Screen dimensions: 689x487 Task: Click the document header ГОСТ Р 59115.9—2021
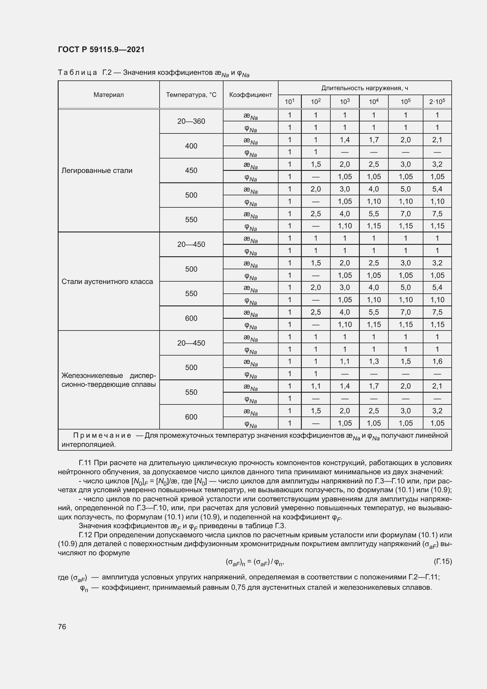coord(101,49)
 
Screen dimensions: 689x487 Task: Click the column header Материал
coord(109,95)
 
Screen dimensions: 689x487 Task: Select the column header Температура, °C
coord(191,95)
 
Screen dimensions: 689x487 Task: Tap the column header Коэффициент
coord(250,95)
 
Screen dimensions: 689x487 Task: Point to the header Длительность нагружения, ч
coord(364,88)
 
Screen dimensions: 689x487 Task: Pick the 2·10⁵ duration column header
coord(437,102)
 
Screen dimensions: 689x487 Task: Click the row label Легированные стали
coord(97,171)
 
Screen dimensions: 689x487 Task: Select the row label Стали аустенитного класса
coord(107,282)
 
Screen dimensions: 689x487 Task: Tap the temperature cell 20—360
coord(191,121)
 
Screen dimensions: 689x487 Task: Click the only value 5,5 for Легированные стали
coord(374,214)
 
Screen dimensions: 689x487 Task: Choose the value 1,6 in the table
coord(437,361)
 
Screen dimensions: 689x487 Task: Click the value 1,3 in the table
coord(374,361)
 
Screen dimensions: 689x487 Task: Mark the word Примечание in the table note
coord(102,435)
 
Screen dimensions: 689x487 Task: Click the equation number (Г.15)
coord(443,561)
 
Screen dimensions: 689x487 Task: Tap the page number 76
coord(62,627)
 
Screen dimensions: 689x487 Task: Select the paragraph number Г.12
coord(85,535)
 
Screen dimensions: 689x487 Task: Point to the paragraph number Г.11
coord(85,463)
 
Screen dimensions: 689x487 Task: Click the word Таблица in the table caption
coord(77,73)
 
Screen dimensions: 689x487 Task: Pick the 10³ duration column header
coord(344,102)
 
